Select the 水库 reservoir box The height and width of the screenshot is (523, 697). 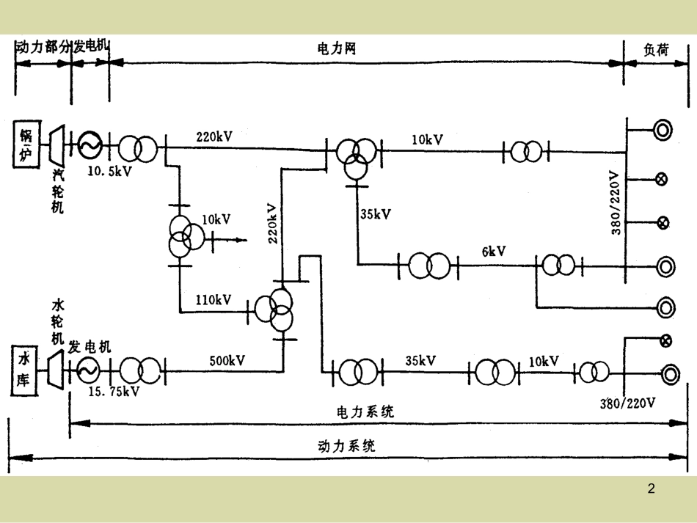[x=26, y=368]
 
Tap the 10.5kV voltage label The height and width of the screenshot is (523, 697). [x=109, y=171]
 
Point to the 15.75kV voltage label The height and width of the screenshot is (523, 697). [x=114, y=391]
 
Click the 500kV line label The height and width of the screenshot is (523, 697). [x=227, y=360]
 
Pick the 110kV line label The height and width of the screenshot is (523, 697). [x=214, y=299]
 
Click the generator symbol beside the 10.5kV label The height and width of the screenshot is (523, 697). [x=90, y=145]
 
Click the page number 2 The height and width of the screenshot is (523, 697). [x=652, y=489]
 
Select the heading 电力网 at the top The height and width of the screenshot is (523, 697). [x=336, y=48]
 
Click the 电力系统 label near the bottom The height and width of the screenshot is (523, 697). [x=365, y=411]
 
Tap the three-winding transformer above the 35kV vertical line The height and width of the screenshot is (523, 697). [x=355, y=156]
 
